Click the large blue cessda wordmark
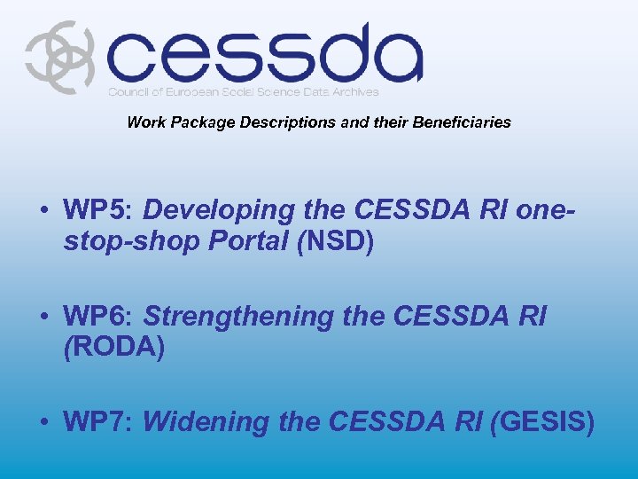pyautogui.click(x=264, y=54)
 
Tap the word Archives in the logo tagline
pyautogui.click(x=353, y=92)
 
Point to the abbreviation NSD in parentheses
pyautogui.click(x=337, y=240)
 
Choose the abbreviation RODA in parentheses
pyautogui.click(x=114, y=345)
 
